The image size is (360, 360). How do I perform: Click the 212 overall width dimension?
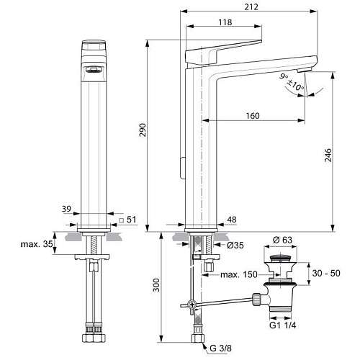click(251, 6)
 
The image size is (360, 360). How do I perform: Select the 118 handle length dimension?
click(225, 22)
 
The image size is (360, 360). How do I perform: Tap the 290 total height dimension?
click(143, 130)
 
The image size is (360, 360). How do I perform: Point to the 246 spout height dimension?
click(328, 155)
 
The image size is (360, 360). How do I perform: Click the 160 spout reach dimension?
click(253, 116)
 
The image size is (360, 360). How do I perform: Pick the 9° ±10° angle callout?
click(292, 82)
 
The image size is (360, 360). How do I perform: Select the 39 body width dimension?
click(66, 209)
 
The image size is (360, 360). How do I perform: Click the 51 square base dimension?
click(128, 220)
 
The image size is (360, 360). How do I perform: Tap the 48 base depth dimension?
click(231, 220)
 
